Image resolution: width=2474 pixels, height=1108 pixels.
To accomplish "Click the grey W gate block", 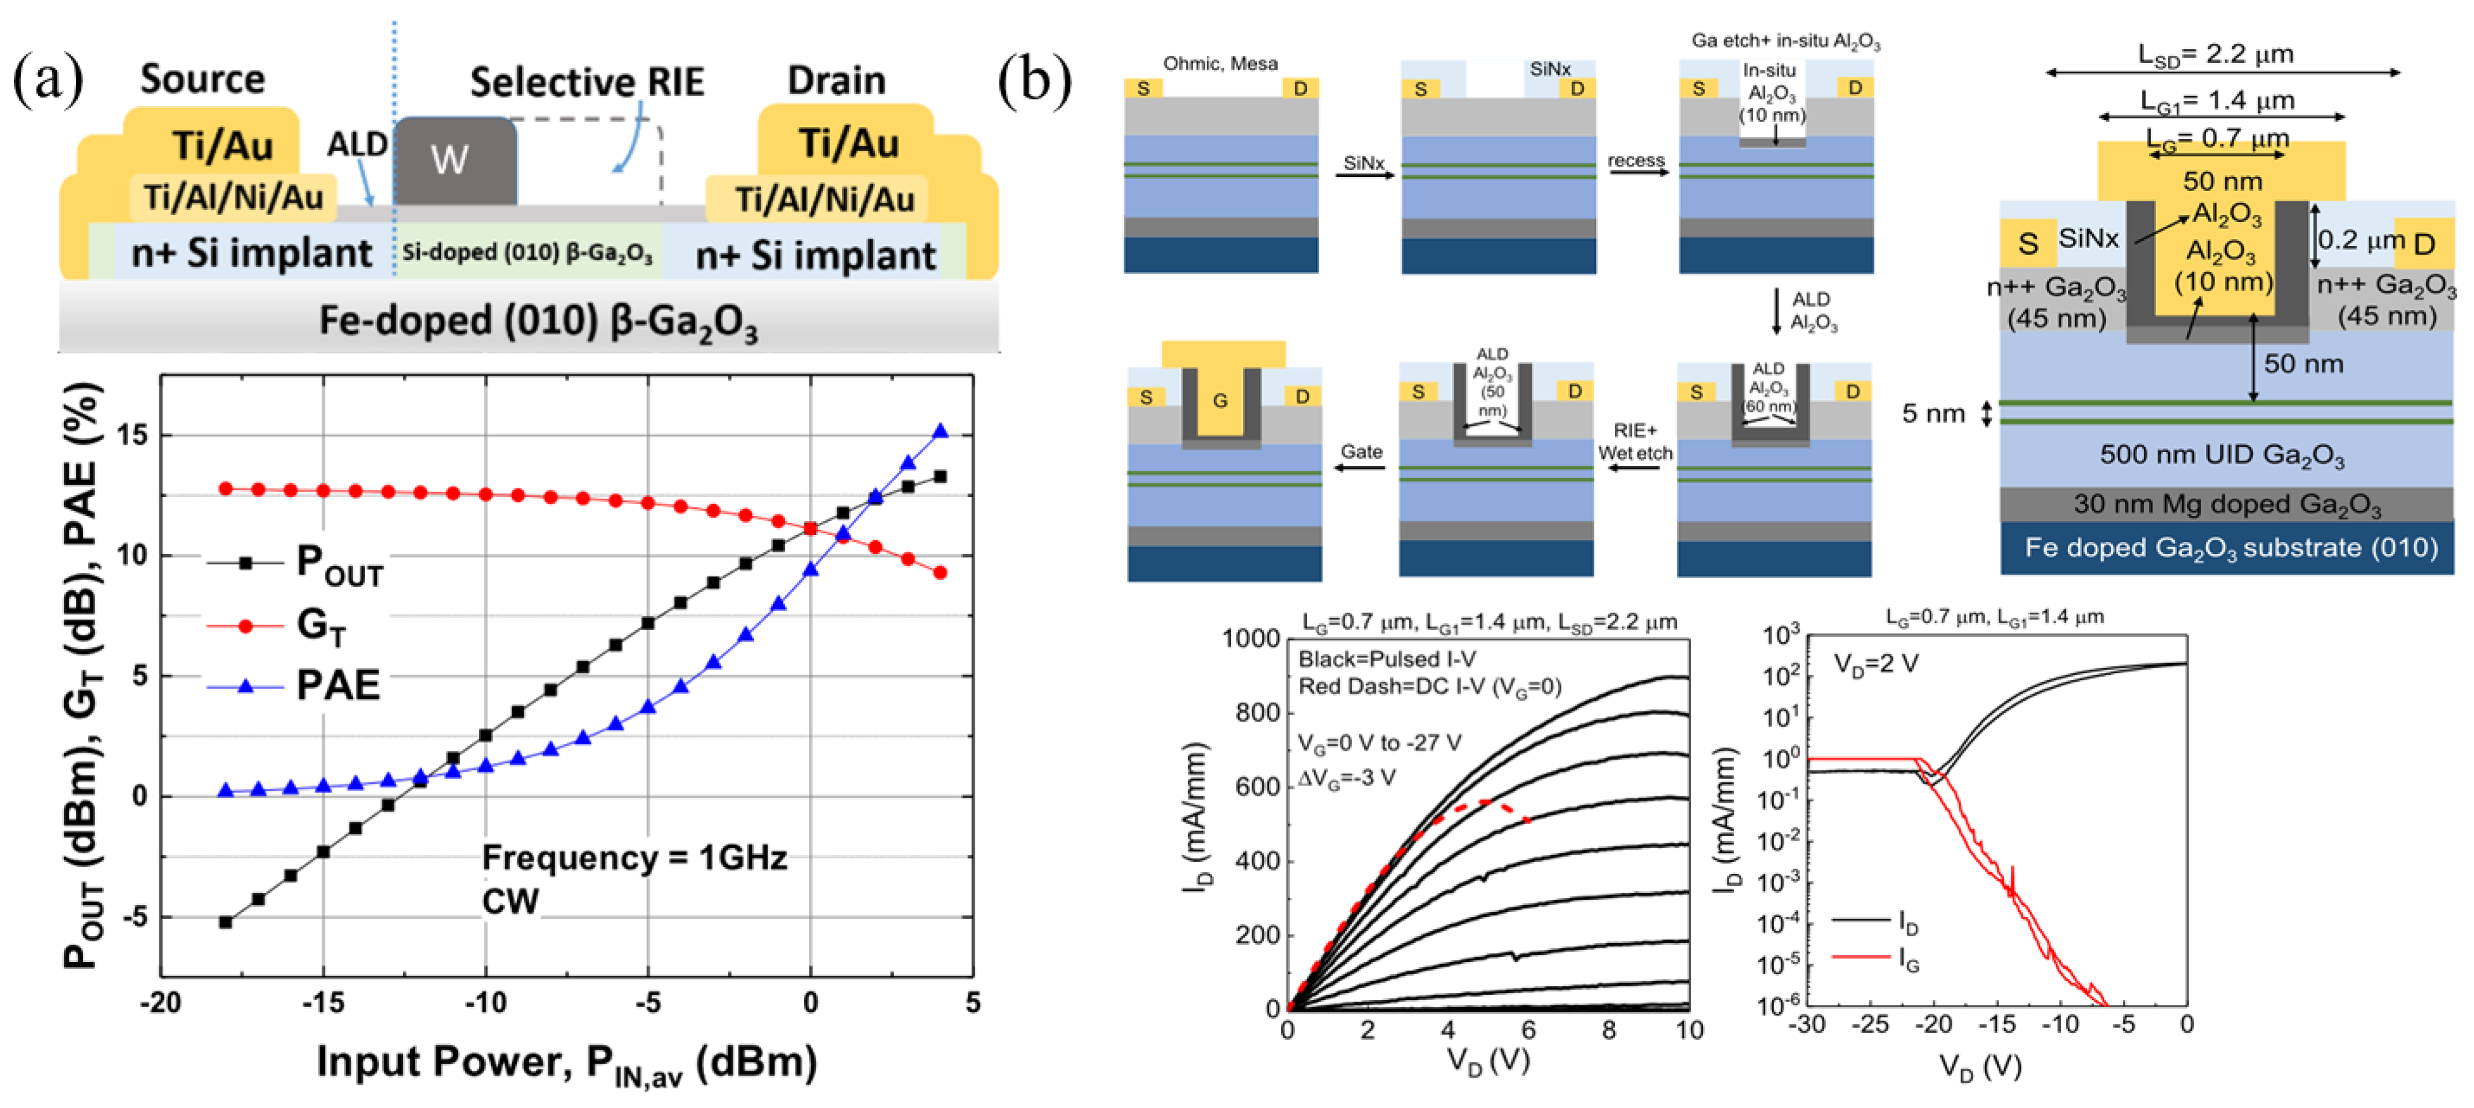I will click(x=453, y=161).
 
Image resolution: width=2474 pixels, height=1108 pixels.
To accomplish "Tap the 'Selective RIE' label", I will click(x=587, y=82).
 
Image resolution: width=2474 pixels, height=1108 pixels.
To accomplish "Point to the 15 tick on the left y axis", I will click(x=133, y=435).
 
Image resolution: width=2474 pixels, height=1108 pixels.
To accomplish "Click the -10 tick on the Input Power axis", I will click(x=485, y=1003).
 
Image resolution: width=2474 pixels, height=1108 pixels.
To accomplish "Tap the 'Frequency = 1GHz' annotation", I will click(x=634, y=857).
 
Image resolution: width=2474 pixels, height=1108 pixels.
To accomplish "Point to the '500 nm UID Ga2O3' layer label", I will click(x=2221, y=455).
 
